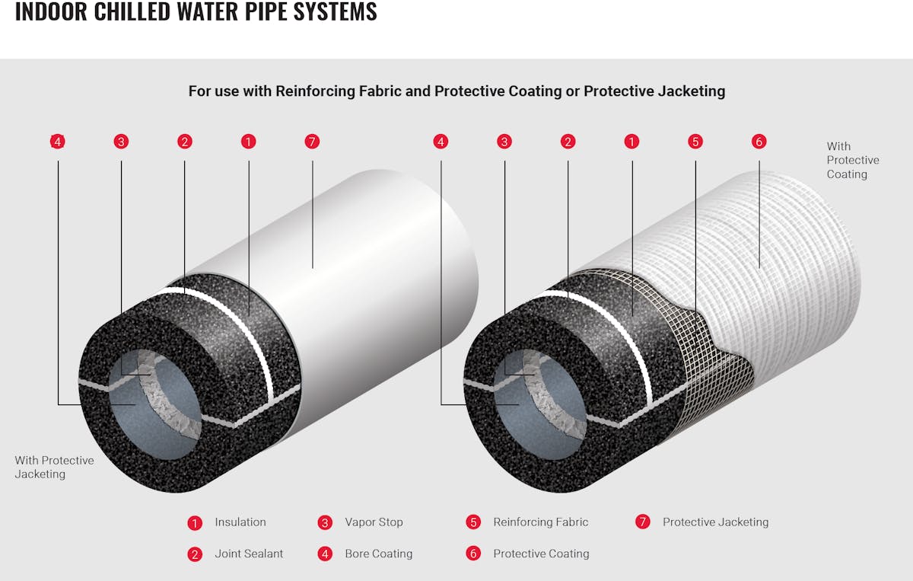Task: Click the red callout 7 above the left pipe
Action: [x=311, y=142]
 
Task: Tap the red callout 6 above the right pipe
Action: [x=759, y=142]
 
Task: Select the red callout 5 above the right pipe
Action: [x=695, y=142]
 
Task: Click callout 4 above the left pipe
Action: [x=57, y=142]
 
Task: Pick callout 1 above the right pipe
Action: [x=631, y=142]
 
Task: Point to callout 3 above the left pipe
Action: [x=121, y=142]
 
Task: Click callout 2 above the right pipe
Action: [x=567, y=142]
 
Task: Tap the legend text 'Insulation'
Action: [x=240, y=522]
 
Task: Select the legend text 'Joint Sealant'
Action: [x=249, y=554]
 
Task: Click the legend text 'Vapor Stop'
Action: [x=374, y=522]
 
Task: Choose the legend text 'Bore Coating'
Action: [x=378, y=554]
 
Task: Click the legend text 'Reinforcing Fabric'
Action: [x=540, y=522]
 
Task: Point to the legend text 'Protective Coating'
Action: [x=541, y=554]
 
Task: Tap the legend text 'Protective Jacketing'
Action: [x=715, y=522]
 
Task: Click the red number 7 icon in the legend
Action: [x=643, y=522]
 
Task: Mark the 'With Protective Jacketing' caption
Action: [x=54, y=467]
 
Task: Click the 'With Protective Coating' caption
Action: [x=852, y=160]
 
